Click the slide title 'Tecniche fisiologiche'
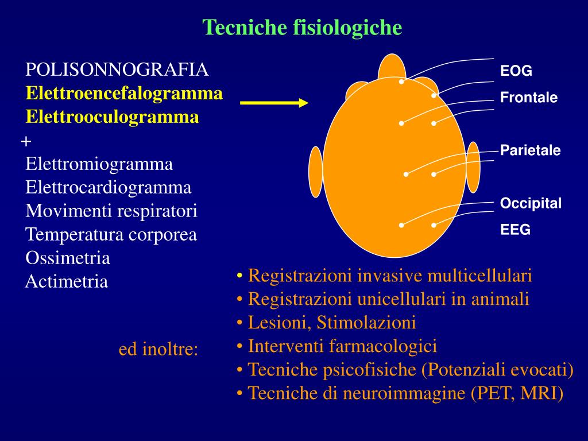point(302,27)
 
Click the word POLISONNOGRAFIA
point(117,70)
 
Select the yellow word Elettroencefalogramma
point(124,94)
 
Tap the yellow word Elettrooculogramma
point(113,117)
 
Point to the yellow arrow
point(274,103)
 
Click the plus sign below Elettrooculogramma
point(26,141)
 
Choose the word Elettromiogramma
point(99,164)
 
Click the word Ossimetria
point(68,258)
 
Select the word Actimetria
point(67,282)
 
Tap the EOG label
point(516,72)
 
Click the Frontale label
point(529,98)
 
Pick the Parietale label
point(530,151)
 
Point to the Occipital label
point(531,204)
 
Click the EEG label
point(515,230)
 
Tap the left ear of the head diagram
point(315,172)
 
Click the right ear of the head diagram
point(473,167)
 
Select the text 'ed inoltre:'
point(158,350)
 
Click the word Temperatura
point(71,235)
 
